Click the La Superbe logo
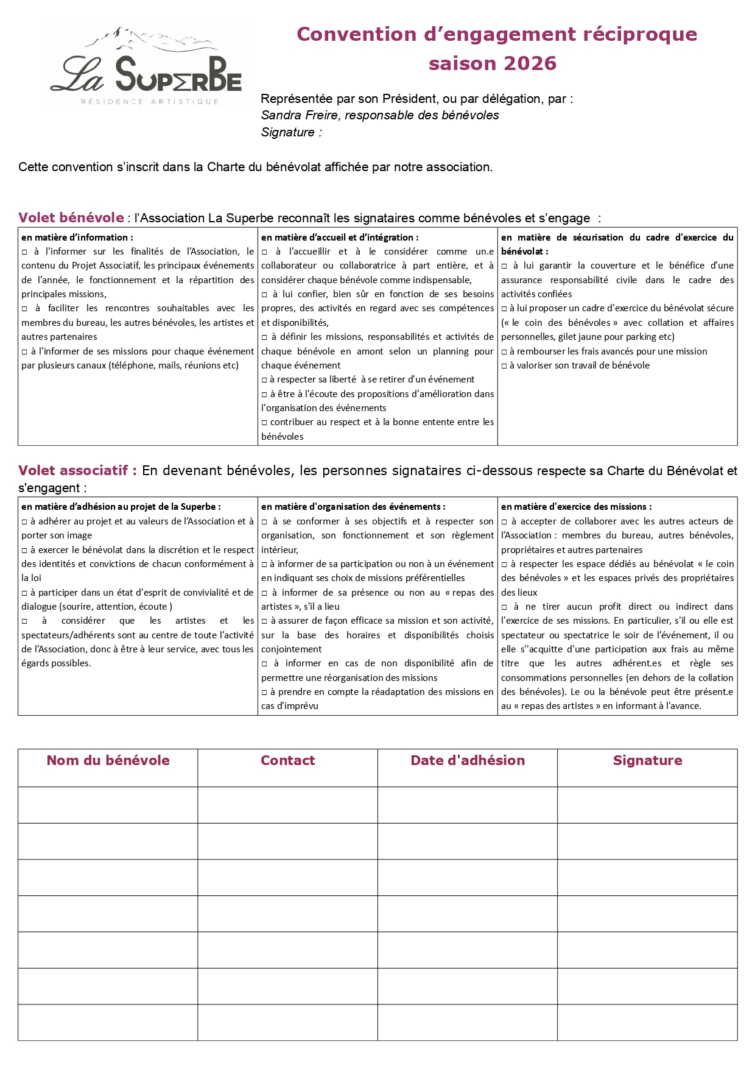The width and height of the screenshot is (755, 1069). point(146,67)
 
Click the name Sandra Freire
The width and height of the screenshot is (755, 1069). point(300,115)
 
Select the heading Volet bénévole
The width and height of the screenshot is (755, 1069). point(71,217)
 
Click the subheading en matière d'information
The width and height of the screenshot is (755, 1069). point(77,238)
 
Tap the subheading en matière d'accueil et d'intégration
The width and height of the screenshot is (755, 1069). point(340,238)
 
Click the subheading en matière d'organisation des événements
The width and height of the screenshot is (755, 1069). point(353,507)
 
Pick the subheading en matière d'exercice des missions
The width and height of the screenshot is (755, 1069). point(576,507)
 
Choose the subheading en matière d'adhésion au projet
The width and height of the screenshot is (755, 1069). point(121,507)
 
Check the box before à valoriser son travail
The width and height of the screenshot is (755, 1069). point(504,366)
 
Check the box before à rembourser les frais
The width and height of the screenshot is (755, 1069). point(504,352)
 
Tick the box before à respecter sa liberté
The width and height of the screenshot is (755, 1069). point(264,380)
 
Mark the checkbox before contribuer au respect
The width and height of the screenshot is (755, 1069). point(264,423)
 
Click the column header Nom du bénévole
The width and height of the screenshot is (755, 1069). point(108,760)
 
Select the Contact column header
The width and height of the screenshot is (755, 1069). point(287,760)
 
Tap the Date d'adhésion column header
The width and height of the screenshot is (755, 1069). point(468,760)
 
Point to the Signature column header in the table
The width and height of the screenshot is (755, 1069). point(647,760)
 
